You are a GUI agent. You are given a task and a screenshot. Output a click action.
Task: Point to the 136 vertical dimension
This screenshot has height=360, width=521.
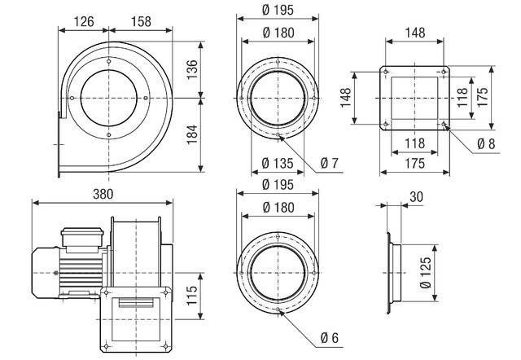(191, 71)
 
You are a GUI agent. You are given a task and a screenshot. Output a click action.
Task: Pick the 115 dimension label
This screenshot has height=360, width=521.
(192, 292)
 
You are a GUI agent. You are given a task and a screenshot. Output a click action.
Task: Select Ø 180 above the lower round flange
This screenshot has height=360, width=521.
(278, 207)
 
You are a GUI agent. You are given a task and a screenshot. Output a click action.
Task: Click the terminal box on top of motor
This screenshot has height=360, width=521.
(82, 236)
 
